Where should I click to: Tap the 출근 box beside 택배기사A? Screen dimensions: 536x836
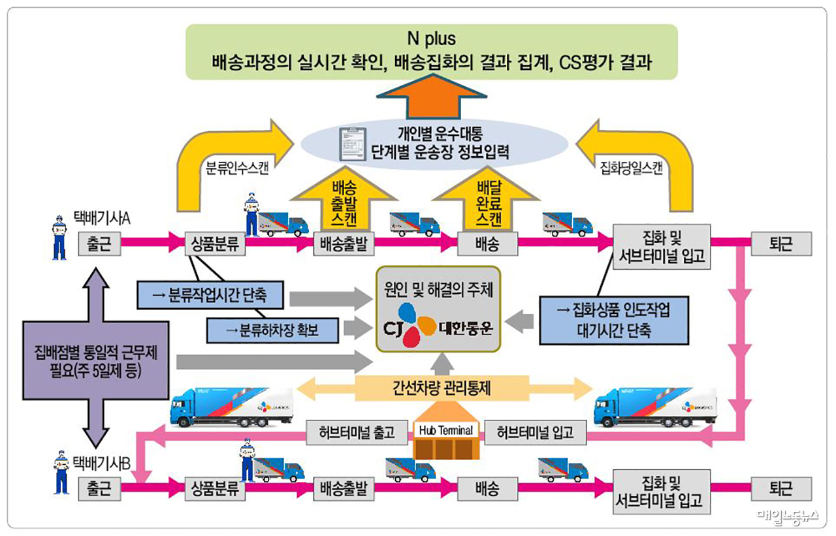[x=99, y=244]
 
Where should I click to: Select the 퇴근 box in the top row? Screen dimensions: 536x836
[x=781, y=244]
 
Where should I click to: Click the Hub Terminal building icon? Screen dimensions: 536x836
[x=447, y=440]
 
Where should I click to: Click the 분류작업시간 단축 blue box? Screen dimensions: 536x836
[x=211, y=295]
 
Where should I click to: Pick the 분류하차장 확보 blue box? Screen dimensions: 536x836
[x=273, y=330]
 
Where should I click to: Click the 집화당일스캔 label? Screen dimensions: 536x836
[x=631, y=167]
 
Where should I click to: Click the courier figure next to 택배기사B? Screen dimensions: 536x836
[x=61, y=473]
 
